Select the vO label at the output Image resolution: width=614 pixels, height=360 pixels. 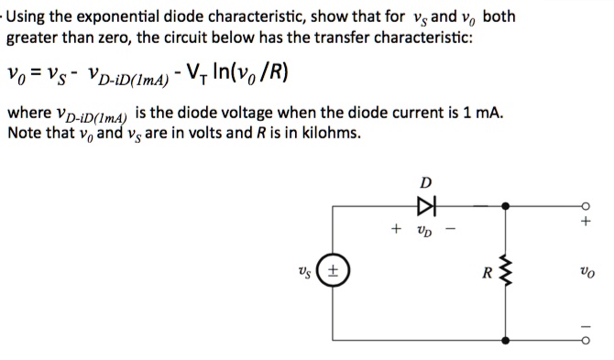(587, 272)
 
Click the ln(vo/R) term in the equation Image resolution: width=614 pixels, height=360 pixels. (246, 73)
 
